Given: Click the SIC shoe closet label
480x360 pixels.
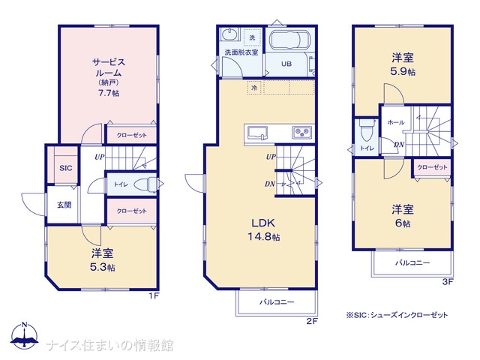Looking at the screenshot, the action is (x=66, y=168).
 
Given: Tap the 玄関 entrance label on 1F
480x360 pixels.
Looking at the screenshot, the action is (x=64, y=205).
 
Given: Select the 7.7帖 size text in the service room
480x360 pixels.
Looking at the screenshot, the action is (x=109, y=93).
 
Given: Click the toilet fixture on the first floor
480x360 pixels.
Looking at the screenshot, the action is (x=145, y=184).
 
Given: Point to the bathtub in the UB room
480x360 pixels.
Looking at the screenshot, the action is (x=289, y=40).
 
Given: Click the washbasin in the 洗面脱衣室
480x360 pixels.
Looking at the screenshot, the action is (x=229, y=34).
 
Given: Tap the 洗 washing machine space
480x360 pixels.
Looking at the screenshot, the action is (x=252, y=37).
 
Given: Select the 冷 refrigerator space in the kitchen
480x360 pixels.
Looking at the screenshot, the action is (x=254, y=88).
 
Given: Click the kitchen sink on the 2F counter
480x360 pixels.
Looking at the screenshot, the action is (x=257, y=133).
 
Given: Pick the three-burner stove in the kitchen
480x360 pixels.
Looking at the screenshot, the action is (x=301, y=133).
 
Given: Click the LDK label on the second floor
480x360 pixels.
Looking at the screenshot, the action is (x=263, y=223).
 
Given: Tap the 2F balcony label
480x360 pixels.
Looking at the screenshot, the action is (x=277, y=302).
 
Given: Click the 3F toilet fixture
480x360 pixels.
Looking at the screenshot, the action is (x=366, y=130).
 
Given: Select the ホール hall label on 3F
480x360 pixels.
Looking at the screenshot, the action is (x=396, y=122).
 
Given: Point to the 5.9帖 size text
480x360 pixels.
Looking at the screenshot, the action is (x=403, y=72).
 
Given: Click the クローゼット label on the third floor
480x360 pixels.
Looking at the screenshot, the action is (x=432, y=167).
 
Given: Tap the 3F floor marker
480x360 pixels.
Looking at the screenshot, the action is (x=448, y=282).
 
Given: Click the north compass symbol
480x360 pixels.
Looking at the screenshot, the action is (x=24, y=336).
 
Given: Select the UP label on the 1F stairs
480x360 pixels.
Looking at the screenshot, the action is (x=100, y=157).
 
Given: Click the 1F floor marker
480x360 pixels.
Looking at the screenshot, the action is (x=154, y=296).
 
